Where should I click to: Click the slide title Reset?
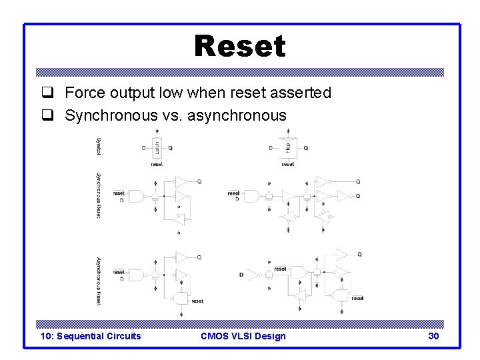[240, 47]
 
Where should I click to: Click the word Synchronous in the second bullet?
[111, 115]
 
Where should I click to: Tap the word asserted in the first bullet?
[299, 93]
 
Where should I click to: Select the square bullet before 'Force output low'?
[47, 93]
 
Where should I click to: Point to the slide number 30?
[433, 336]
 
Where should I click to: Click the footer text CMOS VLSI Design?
[243, 336]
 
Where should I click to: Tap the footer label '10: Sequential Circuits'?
[91, 336]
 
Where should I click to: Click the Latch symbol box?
[156, 147]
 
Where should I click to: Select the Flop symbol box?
[287, 147]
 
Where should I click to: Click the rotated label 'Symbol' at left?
[99, 147]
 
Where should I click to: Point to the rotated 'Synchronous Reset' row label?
[99, 196]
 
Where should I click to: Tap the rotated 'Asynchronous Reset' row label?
[99, 281]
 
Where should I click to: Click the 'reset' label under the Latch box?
[157, 164]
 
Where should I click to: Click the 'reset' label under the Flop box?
[288, 164]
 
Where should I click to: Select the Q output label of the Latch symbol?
[171, 148]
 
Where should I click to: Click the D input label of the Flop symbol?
[271, 148]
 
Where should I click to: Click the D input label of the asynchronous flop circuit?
[241, 275]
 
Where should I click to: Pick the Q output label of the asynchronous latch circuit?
[199, 257]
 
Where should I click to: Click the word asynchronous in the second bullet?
[237, 115]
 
